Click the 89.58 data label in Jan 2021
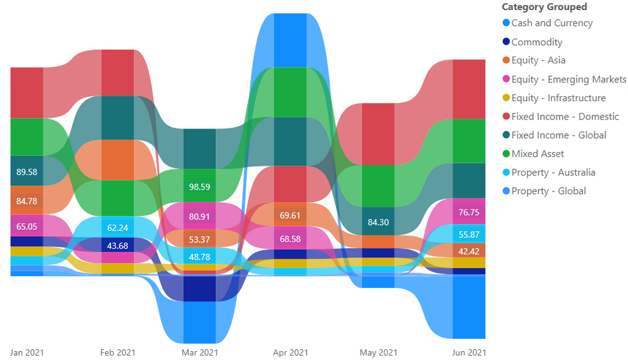[x=26, y=172]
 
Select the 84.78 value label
[x=26, y=201]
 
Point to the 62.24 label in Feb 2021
[x=117, y=228]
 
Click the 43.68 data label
[x=117, y=245]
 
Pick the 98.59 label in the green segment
[x=200, y=187]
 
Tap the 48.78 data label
[x=200, y=256]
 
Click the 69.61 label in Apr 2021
[x=290, y=215]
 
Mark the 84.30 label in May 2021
[x=377, y=221]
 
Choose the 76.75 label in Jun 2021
[x=468, y=212]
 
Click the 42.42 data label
[x=468, y=251]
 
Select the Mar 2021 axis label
[x=200, y=353]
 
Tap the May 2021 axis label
[x=377, y=353]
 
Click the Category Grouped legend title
[x=544, y=7]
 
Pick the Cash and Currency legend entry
[x=551, y=23]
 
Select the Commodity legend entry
[x=536, y=42]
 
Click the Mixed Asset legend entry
[x=538, y=154]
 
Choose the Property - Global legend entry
[x=548, y=191]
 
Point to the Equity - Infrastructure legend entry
[x=558, y=98]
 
